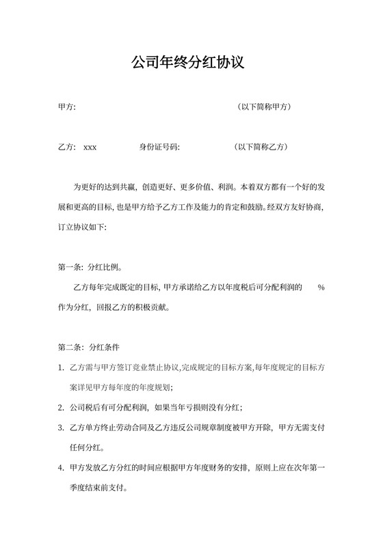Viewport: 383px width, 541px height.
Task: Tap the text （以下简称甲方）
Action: pos(263,107)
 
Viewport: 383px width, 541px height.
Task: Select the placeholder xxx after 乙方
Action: pos(90,147)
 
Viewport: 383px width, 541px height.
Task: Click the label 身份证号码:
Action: pos(159,147)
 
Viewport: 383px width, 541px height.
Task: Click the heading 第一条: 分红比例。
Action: pos(92,268)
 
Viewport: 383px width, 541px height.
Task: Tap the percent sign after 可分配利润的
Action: pos(321,288)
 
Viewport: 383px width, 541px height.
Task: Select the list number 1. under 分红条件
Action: pos(62,367)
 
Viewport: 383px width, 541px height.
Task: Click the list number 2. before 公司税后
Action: pos(62,407)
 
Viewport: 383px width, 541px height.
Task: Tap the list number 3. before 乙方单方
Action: pos(62,428)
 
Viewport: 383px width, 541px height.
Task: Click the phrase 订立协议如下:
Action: pos(83,227)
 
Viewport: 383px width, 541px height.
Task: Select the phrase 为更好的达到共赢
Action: pos(103,186)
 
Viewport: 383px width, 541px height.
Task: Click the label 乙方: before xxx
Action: pos(67,147)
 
